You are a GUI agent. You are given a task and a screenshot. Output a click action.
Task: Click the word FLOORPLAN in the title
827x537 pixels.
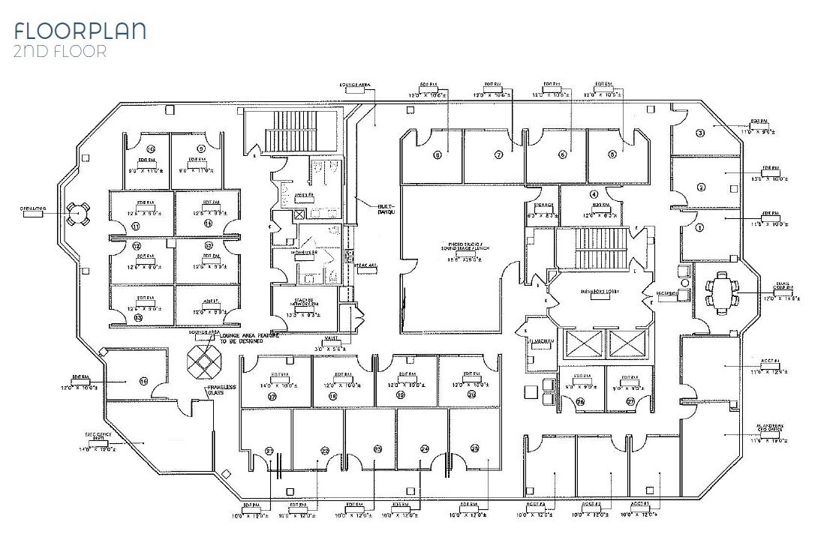(80, 31)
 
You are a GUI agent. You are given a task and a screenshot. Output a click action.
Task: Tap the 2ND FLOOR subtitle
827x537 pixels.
(60, 52)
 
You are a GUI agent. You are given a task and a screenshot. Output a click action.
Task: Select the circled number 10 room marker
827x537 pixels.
(150, 148)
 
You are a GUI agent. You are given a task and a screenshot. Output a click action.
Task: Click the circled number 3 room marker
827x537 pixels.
(699, 133)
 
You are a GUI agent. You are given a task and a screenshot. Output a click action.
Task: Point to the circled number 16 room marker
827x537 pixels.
(143, 381)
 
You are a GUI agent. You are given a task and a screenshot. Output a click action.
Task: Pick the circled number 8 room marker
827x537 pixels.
(436, 155)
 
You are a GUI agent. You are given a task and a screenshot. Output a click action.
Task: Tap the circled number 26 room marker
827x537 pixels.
(580, 402)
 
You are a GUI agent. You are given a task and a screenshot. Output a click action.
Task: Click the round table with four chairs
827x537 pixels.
(77, 214)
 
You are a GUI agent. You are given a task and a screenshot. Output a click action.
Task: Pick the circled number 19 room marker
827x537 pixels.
(400, 394)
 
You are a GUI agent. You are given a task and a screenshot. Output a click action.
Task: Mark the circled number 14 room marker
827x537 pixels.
(208, 223)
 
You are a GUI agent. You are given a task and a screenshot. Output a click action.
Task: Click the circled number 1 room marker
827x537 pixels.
(699, 227)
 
